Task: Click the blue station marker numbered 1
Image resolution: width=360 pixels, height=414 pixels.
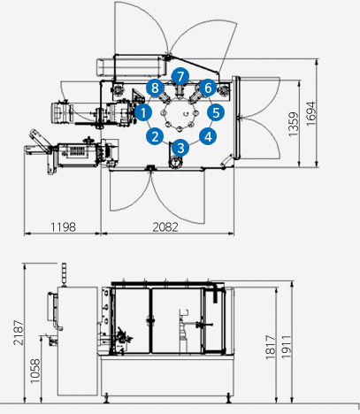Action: coord(143,112)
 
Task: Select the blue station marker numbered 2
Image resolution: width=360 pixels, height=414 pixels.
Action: coord(155,136)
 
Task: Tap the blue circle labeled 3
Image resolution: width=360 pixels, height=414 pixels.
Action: coord(180,148)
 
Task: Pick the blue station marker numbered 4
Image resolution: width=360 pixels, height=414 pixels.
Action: coord(208,136)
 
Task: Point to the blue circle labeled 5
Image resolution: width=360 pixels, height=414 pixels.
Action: coord(216,112)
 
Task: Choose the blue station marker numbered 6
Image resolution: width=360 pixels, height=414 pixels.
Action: coord(208,88)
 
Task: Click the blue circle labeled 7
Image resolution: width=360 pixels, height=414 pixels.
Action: coord(180,77)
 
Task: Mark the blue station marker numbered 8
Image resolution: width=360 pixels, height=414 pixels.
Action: coord(155,88)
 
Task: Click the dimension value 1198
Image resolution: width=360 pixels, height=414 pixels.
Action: coord(63,227)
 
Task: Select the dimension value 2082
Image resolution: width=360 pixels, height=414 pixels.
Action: coord(165,227)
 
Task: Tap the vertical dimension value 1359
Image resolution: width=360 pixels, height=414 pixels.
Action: coord(294,124)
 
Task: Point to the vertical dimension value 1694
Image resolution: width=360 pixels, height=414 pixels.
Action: coord(310,114)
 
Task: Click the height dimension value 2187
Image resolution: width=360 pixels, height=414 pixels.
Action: coord(19,333)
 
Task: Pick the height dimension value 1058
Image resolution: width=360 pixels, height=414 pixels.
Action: coord(35,371)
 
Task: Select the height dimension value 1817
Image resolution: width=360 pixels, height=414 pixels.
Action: coord(271,347)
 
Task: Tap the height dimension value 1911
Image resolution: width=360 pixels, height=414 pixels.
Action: coord(287,347)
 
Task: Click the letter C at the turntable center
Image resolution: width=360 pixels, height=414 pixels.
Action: coord(185,113)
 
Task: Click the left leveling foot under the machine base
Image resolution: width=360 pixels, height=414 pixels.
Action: coord(107,399)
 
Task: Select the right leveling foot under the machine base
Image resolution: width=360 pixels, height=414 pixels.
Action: coord(228,399)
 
